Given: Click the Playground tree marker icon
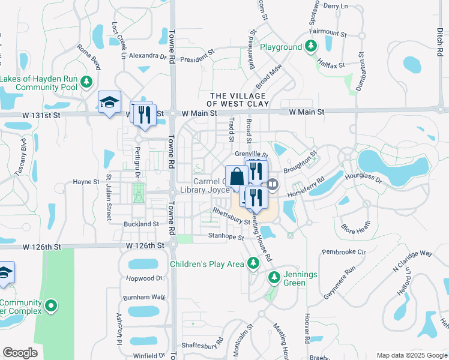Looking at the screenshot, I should [310, 46].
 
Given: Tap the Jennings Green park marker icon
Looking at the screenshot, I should [274, 278].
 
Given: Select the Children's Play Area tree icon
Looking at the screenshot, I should [253, 263].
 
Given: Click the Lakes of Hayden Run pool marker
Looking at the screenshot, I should [86, 82].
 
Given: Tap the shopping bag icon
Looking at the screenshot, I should [237, 176].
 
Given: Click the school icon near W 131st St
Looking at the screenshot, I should [109, 103].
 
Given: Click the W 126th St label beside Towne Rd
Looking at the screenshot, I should [145, 246].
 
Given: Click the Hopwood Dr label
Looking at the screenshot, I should [144, 278].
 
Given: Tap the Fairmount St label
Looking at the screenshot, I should [328, 32].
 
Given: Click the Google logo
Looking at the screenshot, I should [20, 353].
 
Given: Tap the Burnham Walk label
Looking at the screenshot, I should [143, 297].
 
